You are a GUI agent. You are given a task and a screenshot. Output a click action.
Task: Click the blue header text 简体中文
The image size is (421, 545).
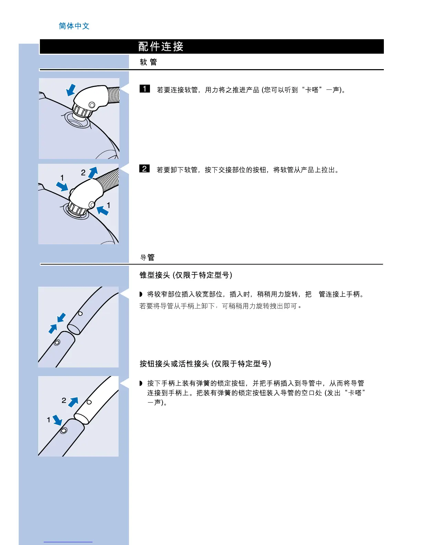(x=74, y=26)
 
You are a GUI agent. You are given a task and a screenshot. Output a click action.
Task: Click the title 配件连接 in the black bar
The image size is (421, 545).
(x=161, y=46)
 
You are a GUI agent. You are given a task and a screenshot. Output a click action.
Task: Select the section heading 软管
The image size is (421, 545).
(x=148, y=62)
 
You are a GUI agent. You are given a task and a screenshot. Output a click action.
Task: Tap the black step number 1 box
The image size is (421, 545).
(x=144, y=89)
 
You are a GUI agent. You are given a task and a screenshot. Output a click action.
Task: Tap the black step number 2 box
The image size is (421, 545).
(x=144, y=169)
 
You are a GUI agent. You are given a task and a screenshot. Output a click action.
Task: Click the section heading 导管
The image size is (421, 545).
(x=148, y=257)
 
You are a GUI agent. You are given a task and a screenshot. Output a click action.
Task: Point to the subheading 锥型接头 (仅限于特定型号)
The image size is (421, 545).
(x=186, y=275)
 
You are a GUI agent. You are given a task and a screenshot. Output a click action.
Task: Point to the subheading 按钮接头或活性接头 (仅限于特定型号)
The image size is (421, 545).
(x=205, y=364)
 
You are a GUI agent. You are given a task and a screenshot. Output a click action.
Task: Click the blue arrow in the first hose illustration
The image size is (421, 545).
(x=71, y=90)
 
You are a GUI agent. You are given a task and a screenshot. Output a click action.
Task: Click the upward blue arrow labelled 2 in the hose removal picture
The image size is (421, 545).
(x=93, y=172)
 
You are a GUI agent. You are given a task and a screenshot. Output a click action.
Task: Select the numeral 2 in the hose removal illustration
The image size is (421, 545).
(x=83, y=173)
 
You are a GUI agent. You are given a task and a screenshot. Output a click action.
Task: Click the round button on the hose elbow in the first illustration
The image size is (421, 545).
(x=92, y=105)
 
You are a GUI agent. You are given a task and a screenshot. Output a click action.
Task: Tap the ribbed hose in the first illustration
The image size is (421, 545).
(x=114, y=95)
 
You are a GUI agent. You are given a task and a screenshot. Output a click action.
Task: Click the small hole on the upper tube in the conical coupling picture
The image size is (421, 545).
(x=80, y=313)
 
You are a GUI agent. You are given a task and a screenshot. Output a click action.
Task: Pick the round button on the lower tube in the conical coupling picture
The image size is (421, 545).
(x=57, y=342)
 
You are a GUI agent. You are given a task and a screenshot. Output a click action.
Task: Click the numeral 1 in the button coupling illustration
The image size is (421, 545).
(x=48, y=420)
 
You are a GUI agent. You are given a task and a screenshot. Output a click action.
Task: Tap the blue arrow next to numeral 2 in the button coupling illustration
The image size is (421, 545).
(x=73, y=402)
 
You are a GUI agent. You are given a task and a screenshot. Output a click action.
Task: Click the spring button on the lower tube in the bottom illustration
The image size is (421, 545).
(x=64, y=430)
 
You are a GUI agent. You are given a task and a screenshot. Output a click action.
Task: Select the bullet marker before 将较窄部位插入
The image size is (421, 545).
(x=141, y=294)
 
